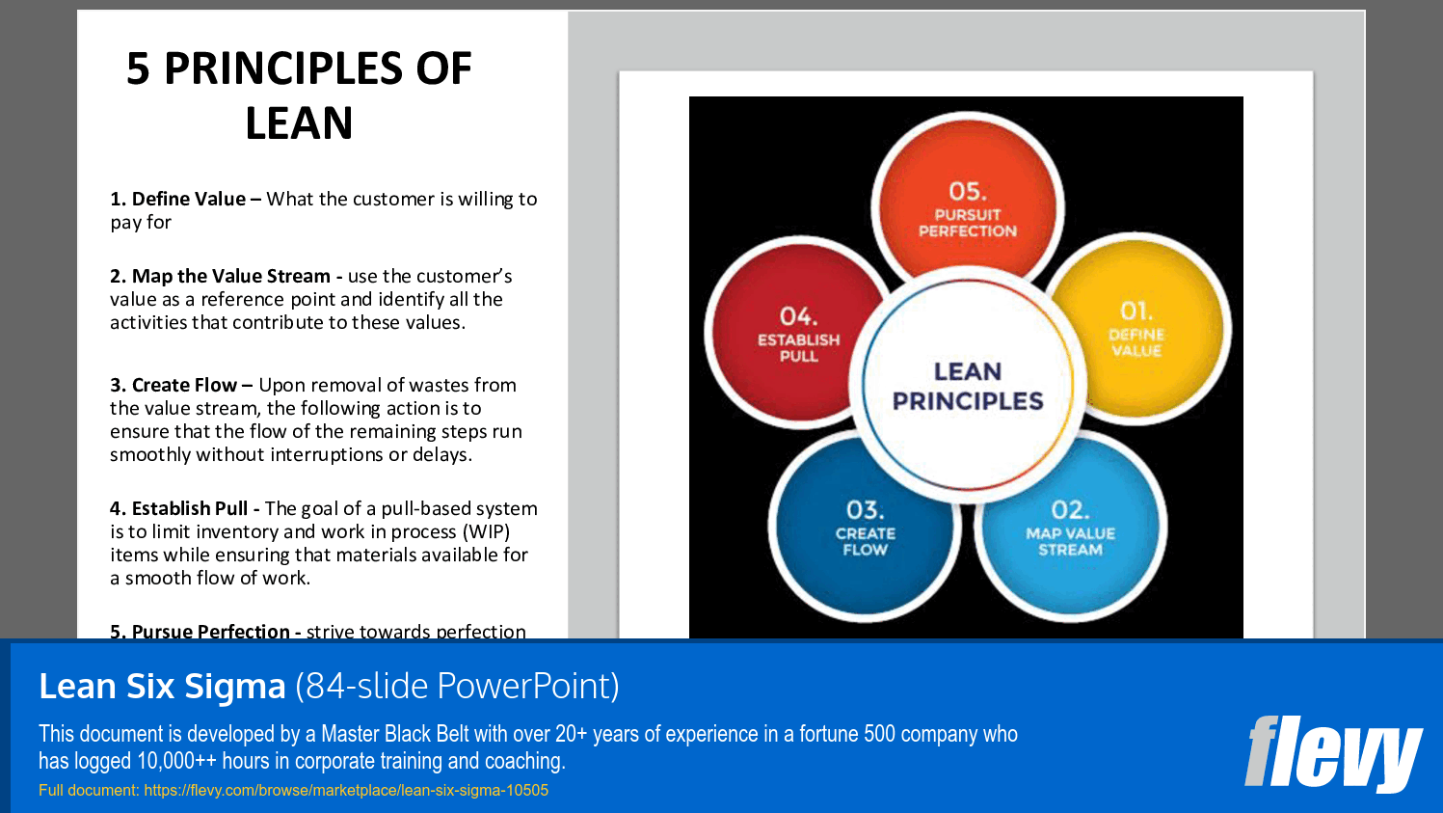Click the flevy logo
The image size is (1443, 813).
click(1332, 753)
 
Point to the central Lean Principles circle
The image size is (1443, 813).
click(968, 386)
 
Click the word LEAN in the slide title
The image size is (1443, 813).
click(299, 123)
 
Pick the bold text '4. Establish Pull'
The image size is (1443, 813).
click(178, 508)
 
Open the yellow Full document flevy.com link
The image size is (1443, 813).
click(293, 790)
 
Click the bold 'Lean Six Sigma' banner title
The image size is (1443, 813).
click(162, 686)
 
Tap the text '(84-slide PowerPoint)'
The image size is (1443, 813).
click(457, 686)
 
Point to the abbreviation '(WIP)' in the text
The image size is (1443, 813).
click(486, 531)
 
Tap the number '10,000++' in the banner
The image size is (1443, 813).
click(176, 761)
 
